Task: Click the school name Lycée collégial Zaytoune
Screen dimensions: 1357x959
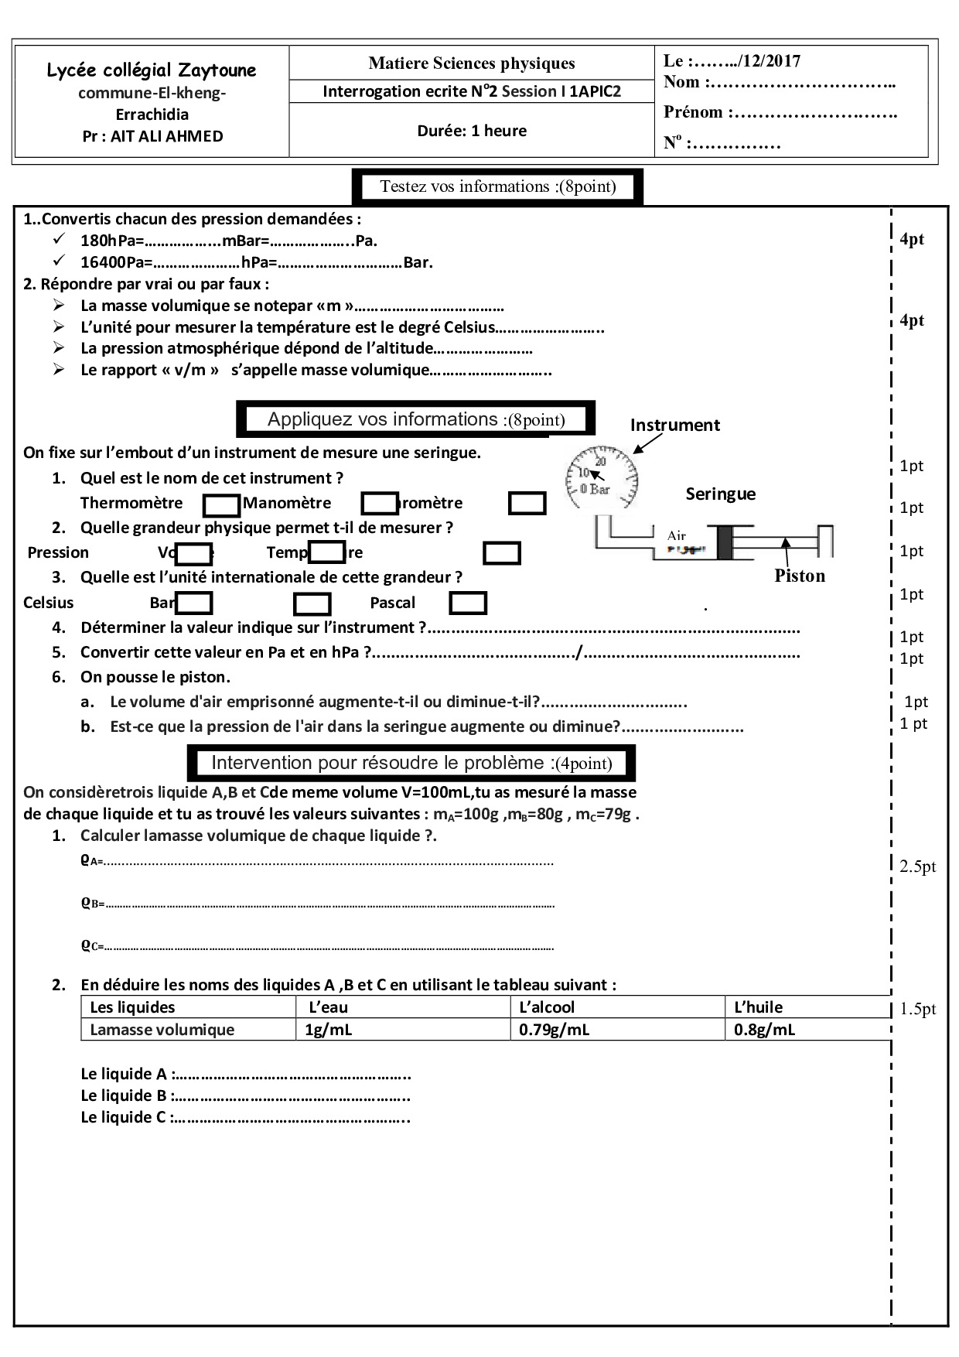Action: coord(152,70)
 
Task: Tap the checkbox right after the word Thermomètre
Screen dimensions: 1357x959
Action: coord(221,505)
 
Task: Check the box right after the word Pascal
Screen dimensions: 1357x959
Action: coord(468,603)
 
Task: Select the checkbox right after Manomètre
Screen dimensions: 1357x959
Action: coord(379,504)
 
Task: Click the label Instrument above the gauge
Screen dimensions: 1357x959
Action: coord(674,425)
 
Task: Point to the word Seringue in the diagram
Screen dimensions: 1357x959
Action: coord(720,494)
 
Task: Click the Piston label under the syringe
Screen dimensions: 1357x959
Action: coord(800,576)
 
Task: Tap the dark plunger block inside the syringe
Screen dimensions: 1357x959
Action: coord(724,542)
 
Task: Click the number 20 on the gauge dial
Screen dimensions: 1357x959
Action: coord(600,461)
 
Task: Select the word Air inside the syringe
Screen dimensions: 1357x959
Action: coord(676,535)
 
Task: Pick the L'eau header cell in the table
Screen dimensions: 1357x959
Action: coord(328,1007)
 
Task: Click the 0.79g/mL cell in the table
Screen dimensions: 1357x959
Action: coord(554,1030)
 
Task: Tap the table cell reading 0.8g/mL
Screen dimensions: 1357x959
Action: coord(764,1030)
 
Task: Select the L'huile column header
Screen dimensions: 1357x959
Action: coord(758,1007)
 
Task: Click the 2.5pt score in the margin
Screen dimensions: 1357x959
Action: coord(917,866)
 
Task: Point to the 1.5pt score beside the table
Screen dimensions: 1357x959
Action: coord(917,1009)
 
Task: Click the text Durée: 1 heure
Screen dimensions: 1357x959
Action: coord(472,131)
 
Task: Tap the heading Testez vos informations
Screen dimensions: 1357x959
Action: coord(497,186)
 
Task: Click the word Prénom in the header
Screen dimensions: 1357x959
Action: coord(693,112)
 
